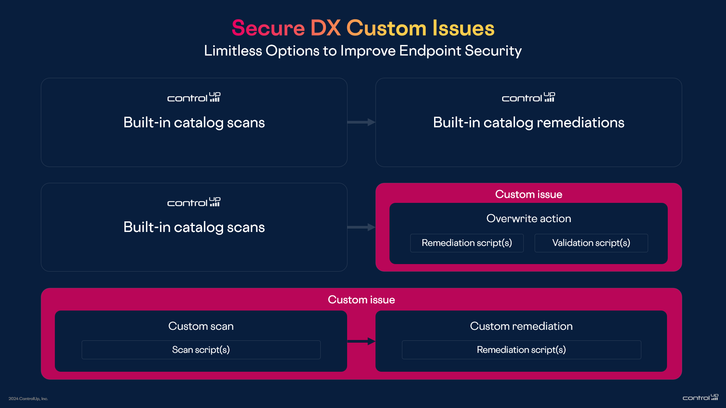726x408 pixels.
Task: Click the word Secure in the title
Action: point(268,28)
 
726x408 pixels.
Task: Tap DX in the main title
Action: point(326,28)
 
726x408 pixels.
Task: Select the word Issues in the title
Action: point(463,28)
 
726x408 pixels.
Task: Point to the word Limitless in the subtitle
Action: point(233,51)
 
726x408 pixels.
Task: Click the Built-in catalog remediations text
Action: point(528,123)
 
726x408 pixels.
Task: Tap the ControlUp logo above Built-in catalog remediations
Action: point(528,97)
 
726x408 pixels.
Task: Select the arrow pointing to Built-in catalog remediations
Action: point(361,122)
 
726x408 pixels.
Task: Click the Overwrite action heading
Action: point(528,219)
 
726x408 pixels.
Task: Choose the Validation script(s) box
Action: point(591,243)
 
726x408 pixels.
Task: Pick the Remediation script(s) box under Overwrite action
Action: point(467,243)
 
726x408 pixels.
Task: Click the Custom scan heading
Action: point(201,326)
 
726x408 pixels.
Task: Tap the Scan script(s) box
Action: point(201,350)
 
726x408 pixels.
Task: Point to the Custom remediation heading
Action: point(521,326)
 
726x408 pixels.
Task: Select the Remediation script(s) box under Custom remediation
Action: point(521,350)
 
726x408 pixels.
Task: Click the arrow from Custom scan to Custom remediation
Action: point(361,341)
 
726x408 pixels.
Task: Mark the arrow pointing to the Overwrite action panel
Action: point(361,227)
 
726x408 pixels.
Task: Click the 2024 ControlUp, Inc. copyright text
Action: point(28,399)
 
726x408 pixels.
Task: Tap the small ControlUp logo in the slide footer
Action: point(700,397)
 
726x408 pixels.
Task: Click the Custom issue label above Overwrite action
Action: point(528,194)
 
